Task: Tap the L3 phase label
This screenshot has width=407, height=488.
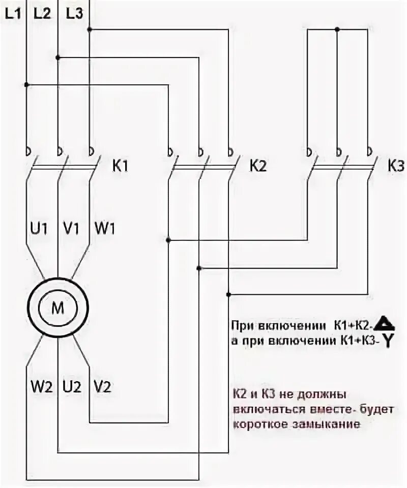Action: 74,15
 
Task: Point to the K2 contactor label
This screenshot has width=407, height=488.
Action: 258,166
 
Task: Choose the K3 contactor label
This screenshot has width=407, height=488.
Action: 396,166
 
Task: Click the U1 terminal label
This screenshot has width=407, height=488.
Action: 37,228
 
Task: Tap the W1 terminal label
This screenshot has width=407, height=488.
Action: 104,228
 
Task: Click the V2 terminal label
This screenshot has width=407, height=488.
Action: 102,387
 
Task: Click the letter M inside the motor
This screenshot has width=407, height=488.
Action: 57,308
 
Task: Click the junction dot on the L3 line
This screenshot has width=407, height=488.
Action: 90,30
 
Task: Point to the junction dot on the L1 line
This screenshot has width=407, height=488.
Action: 26,84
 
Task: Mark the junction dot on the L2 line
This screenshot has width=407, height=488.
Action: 58,57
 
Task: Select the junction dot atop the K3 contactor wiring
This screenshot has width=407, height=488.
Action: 337,30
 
